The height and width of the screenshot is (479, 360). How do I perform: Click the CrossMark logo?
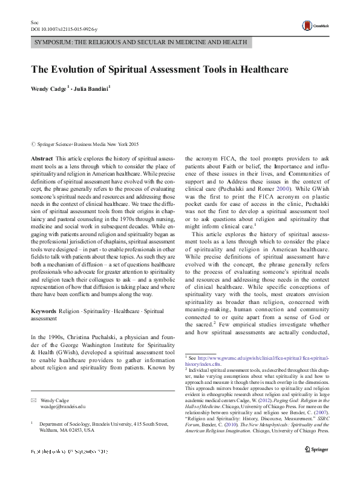[312, 25]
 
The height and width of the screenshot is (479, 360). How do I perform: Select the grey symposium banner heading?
[140, 42]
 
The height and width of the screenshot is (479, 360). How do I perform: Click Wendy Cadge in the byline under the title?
[50, 88]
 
